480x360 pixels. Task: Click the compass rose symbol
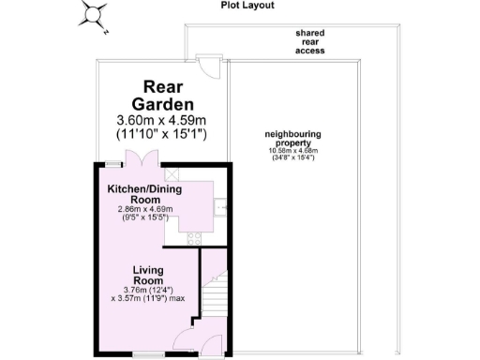pos(94,16)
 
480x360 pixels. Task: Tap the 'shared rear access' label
pos(309,43)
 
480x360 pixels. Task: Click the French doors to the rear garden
pos(142,158)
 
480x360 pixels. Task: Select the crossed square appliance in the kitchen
pos(172,174)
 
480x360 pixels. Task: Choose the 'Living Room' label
pos(148,275)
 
